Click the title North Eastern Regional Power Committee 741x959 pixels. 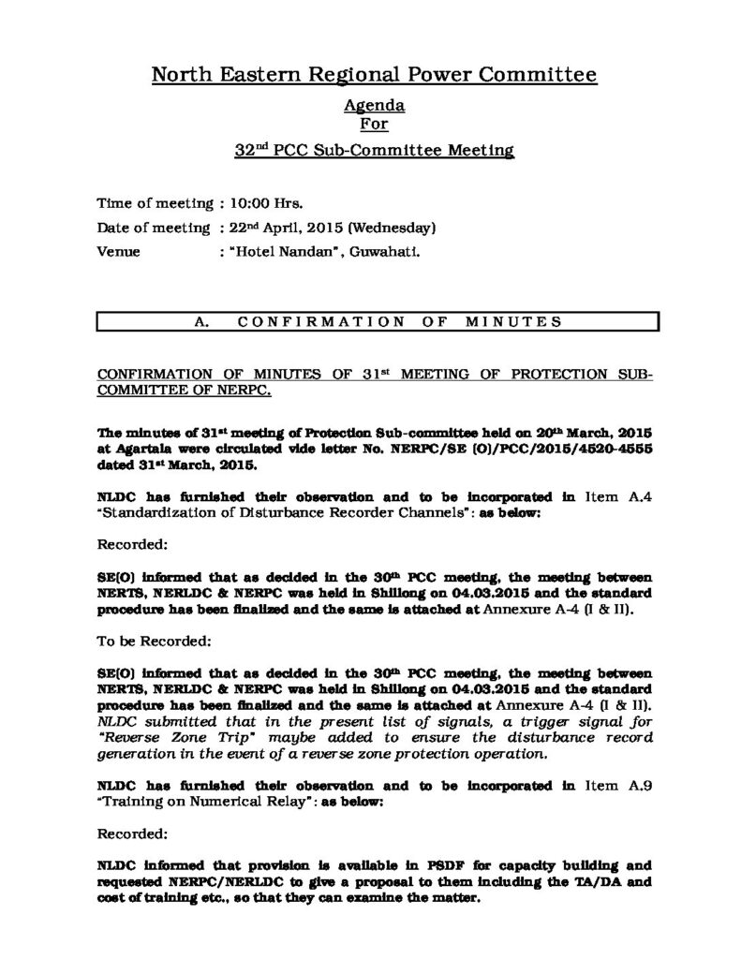[374, 76]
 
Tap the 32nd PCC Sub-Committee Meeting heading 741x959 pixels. [374, 150]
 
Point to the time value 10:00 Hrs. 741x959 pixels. [263, 201]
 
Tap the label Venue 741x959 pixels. [119, 251]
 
